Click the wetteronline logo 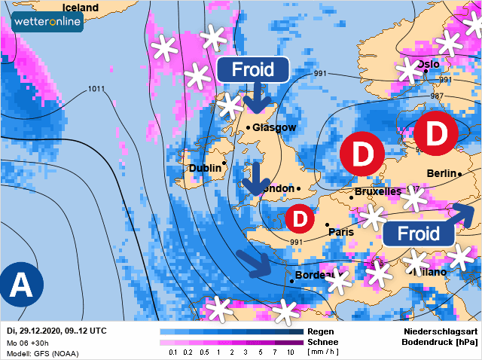(47, 22)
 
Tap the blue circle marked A (21, 285)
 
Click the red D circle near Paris (300, 218)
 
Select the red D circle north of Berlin (437, 133)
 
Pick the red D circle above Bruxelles (363, 154)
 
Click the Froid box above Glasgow (253, 69)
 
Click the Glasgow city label (274, 127)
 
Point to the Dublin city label (204, 168)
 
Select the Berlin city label (442, 173)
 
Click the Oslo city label (428, 64)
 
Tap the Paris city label (341, 232)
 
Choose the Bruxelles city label (377, 192)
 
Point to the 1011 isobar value (96, 89)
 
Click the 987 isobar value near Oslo (436, 97)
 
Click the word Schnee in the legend (323, 341)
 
